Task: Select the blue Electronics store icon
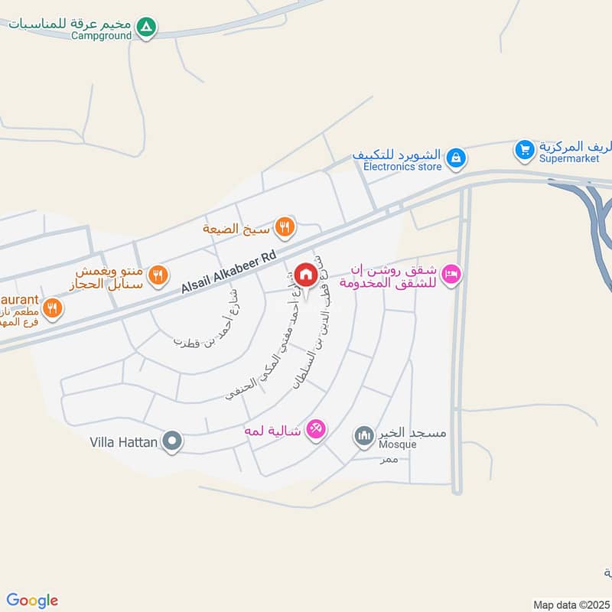(455, 158)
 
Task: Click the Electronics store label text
(402, 166)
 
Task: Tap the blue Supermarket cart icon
(524, 149)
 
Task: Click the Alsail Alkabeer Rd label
(228, 273)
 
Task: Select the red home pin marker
(305, 275)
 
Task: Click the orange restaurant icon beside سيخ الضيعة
(284, 226)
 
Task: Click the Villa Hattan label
(123, 441)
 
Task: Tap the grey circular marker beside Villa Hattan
(173, 441)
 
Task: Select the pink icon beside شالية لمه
(315, 431)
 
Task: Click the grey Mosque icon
(363, 436)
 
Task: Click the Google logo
(32, 600)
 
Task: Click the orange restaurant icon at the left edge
(53, 308)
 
